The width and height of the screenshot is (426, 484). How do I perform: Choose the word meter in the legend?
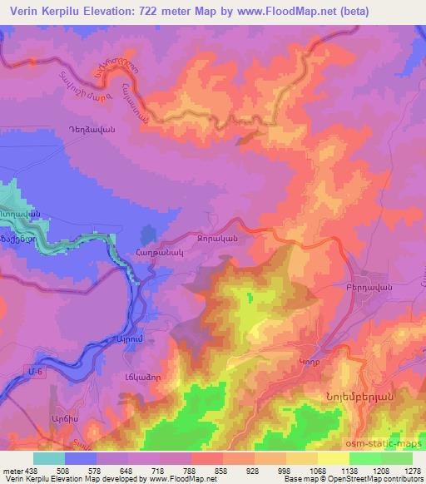pos(12,470)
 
